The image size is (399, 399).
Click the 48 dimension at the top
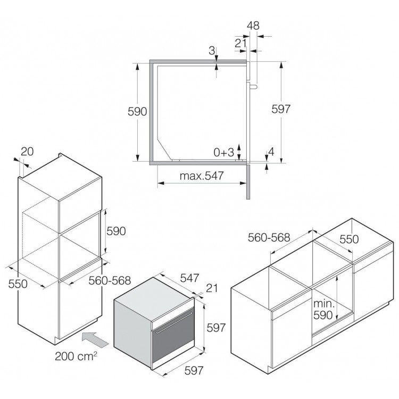pos(253,26)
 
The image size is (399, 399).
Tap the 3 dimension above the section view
pos(212,51)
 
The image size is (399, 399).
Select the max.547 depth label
pos(202,176)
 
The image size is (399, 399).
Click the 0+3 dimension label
pos(223,153)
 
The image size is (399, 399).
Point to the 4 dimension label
pos(271,152)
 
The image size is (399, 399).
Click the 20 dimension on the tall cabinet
pos(27,152)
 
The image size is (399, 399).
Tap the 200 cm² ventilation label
pos(76,356)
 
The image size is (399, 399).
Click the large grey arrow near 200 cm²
pos(95,339)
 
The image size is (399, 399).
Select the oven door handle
pos(174,322)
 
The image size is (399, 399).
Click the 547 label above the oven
pos(189,278)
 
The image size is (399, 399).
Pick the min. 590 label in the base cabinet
pos(323,310)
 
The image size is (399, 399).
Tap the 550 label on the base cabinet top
pos(349,239)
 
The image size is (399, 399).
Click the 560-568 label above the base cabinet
pos(269,238)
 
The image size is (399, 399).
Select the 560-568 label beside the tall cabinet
pos(110,281)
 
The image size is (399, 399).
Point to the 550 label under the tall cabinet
pos(18,284)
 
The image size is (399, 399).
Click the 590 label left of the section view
pos(137,112)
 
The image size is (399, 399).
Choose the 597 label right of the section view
pos(281,109)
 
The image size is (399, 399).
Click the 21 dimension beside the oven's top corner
pos(212,288)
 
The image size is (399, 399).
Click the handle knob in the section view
pos(254,87)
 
